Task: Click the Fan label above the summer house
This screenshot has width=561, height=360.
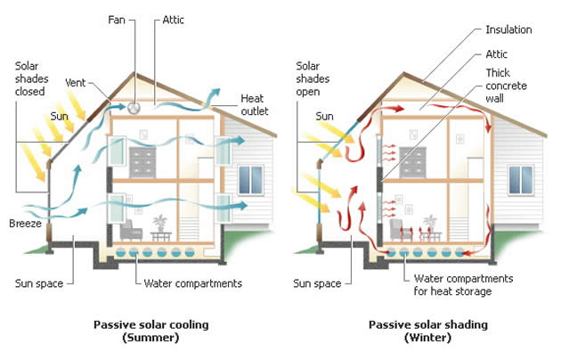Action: [117, 18]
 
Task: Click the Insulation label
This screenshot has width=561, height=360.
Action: [509, 29]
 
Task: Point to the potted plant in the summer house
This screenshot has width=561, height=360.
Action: [161, 224]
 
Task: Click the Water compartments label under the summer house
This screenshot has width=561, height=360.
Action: [193, 284]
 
